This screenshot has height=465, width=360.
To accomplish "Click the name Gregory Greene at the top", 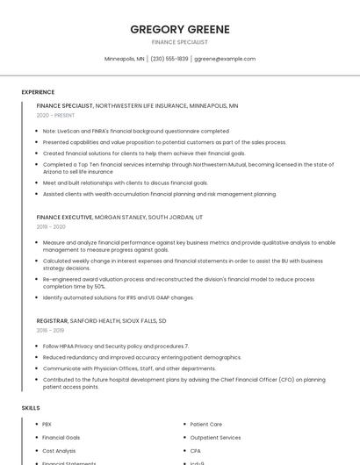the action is [180, 29].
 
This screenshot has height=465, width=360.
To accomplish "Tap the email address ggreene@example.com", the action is [225, 59].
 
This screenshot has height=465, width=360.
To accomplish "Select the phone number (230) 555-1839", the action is [169, 59].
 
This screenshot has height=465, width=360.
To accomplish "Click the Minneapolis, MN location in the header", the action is [125, 59].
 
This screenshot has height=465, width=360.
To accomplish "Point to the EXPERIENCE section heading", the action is [38, 92].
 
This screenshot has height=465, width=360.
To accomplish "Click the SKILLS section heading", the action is [31, 408].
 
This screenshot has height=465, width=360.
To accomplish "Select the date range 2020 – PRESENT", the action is [56, 115].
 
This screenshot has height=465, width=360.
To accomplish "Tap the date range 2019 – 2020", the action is [52, 226].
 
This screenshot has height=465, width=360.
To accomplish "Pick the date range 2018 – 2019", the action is [51, 331].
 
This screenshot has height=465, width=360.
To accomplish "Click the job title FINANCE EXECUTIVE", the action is [64, 217].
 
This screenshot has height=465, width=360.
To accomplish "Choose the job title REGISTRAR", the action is [53, 321].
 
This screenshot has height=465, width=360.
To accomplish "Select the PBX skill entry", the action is [47, 424].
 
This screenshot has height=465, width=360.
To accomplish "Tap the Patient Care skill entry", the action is [205, 424].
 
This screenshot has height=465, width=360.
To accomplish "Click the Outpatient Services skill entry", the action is [215, 437].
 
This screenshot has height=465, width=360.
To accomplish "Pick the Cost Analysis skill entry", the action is [59, 450].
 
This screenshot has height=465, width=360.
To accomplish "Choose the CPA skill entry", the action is [195, 450].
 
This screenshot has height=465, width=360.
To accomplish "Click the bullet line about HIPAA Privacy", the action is [115, 347].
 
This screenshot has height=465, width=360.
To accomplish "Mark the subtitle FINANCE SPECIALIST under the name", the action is [180, 42].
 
